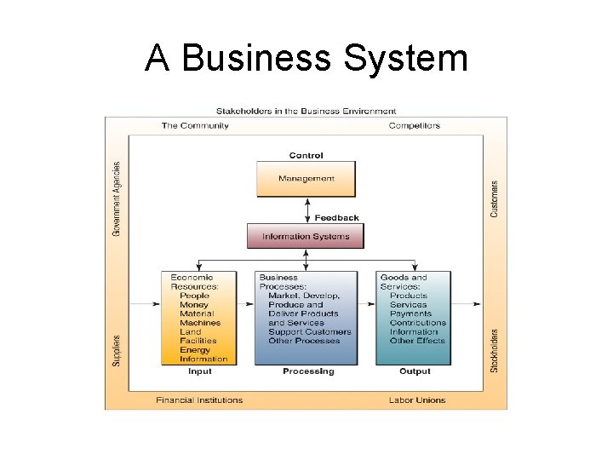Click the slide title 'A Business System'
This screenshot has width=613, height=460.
pyautogui.click(x=306, y=58)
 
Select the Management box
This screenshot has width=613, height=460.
pyautogui.click(x=306, y=179)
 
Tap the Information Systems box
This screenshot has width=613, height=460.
pyautogui.click(x=306, y=236)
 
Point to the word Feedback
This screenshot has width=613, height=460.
pyautogui.click(x=337, y=217)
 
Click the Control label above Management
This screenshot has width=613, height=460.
pyautogui.click(x=306, y=155)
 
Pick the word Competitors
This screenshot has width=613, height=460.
pyautogui.click(x=415, y=125)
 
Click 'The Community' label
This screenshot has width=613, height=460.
pyautogui.click(x=195, y=125)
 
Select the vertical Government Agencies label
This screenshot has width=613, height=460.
pyautogui.click(x=117, y=199)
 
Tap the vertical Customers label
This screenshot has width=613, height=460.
pyautogui.click(x=495, y=198)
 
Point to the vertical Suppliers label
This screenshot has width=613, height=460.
pyautogui.click(x=117, y=349)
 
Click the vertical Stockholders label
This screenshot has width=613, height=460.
pyautogui.click(x=495, y=349)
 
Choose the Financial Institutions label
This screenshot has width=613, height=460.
pyautogui.click(x=199, y=400)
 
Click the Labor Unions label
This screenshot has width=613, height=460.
pyautogui.click(x=417, y=400)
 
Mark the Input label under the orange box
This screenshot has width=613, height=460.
pyautogui.click(x=200, y=371)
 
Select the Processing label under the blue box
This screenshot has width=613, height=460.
pyautogui.click(x=308, y=371)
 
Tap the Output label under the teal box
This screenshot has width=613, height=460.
pyautogui.click(x=415, y=371)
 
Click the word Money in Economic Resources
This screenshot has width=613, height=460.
pyautogui.click(x=194, y=305)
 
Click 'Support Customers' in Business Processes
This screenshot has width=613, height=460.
pyautogui.click(x=310, y=331)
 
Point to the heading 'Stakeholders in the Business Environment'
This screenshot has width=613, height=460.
pyautogui.click(x=306, y=111)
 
